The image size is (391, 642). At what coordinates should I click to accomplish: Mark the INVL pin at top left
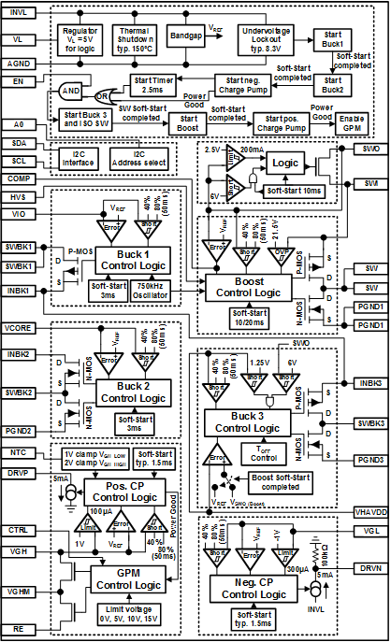[19, 11]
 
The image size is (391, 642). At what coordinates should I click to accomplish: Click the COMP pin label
[19, 177]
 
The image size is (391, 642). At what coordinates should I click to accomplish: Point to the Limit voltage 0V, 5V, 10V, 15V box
[125, 612]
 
